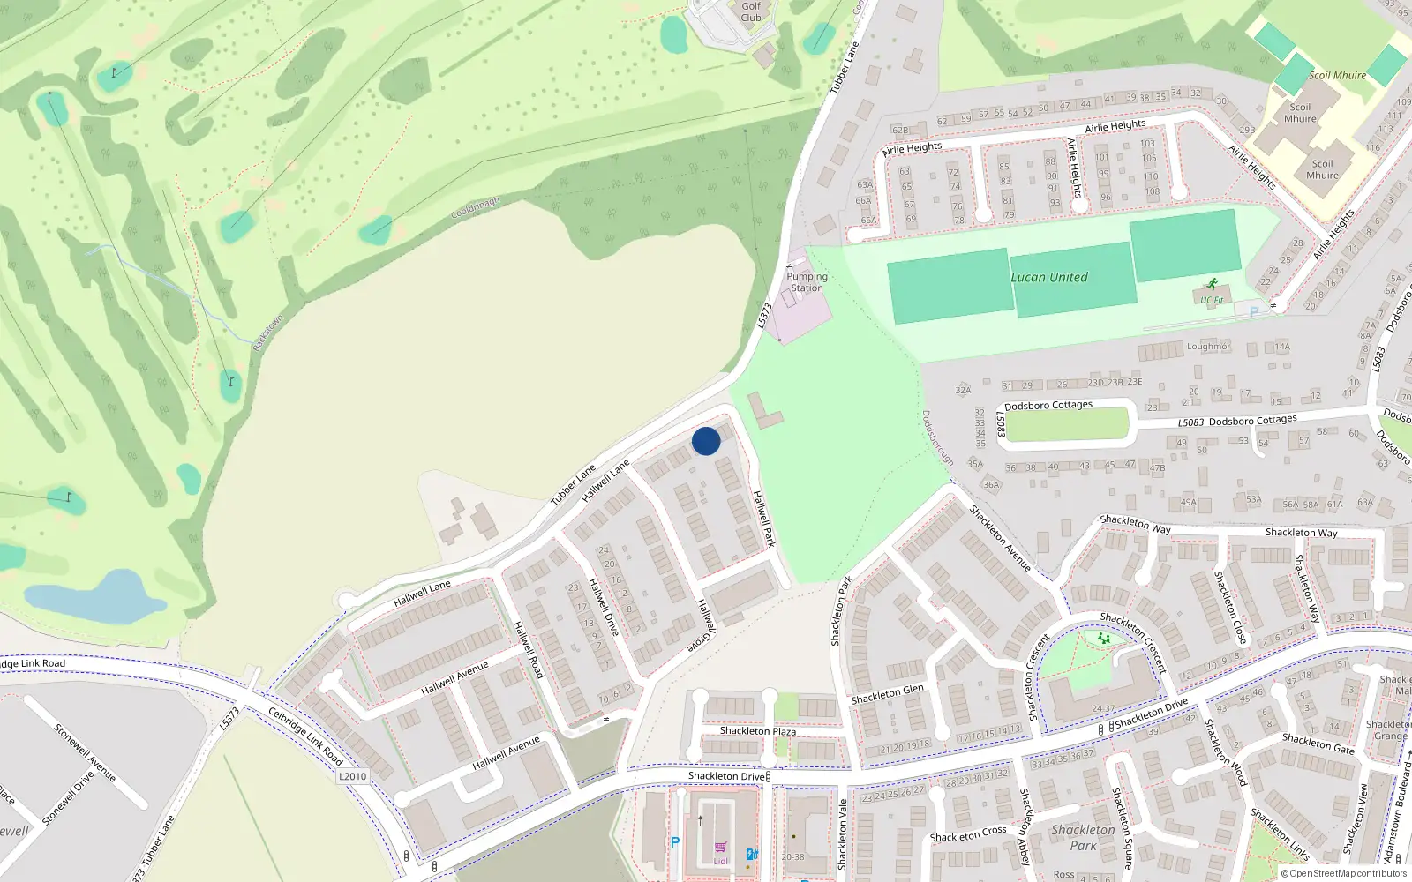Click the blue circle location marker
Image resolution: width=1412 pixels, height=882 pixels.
[x=706, y=441]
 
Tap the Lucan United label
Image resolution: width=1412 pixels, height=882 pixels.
[x=1049, y=277]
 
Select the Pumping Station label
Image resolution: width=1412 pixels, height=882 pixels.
[x=807, y=282]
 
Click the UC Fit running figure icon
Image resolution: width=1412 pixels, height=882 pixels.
[x=1212, y=285]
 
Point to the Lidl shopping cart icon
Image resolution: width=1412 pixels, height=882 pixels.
[x=721, y=848]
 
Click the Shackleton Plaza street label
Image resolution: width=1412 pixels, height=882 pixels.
[x=757, y=731]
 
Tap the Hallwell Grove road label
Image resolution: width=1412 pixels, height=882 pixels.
[x=703, y=625]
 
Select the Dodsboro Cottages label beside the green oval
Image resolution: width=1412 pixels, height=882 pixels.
[x=1048, y=406]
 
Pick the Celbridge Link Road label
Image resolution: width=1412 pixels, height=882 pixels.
[x=305, y=736]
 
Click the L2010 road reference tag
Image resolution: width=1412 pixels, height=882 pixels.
[x=352, y=776]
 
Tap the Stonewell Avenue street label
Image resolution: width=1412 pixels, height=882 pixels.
[x=85, y=752]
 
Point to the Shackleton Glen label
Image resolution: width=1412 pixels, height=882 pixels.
[x=887, y=694]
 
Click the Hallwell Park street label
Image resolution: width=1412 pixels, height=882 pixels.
[x=763, y=519]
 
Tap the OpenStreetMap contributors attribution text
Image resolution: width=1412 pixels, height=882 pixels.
[x=1345, y=874]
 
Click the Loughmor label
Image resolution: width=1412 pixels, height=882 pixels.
[x=1208, y=347]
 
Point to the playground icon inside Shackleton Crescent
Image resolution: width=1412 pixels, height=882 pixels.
[x=1103, y=638]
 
